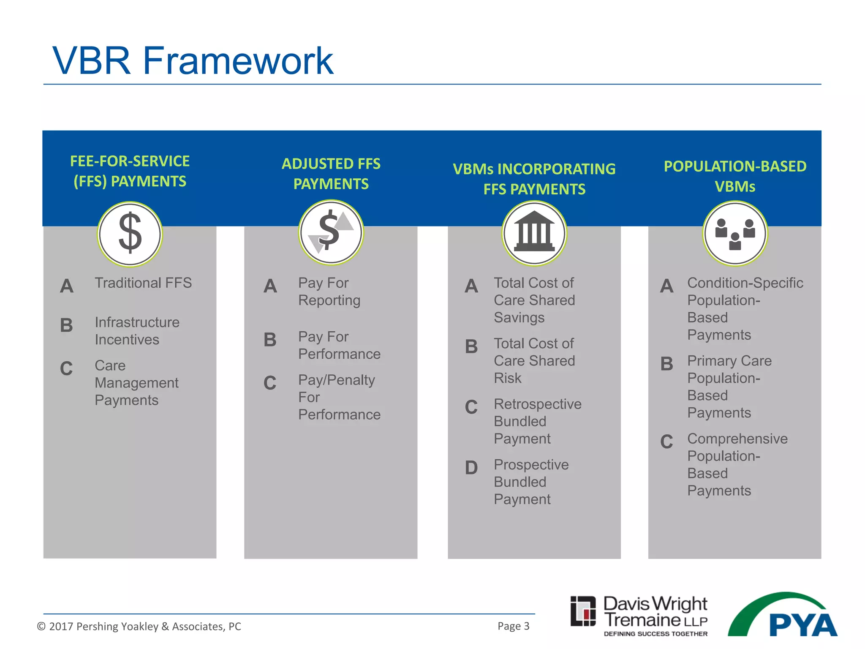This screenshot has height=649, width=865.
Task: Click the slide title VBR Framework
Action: pyautogui.click(x=193, y=61)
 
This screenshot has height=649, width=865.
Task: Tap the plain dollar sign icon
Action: pyautogui.click(x=130, y=234)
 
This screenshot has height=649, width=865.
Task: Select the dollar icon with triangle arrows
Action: pyautogui.click(x=331, y=232)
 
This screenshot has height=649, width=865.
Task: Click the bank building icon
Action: pyautogui.click(x=534, y=233)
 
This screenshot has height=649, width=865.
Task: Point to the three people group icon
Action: pyautogui.click(x=735, y=233)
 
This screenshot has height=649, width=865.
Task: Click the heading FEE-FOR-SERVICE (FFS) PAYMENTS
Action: pyautogui.click(x=130, y=171)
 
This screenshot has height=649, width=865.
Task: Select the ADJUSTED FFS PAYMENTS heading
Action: pyautogui.click(x=331, y=174)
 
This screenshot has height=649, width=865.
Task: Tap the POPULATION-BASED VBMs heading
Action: pyautogui.click(x=735, y=176)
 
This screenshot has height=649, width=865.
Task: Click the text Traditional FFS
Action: pyautogui.click(x=143, y=283)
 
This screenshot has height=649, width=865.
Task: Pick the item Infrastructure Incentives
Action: pyautogui.click(x=137, y=331)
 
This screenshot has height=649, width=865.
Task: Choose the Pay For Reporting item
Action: pyautogui.click(x=329, y=292)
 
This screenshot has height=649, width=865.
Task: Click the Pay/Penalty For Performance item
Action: pyautogui.click(x=339, y=397)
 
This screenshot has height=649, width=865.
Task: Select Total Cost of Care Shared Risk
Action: pyautogui.click(x=534, y=360)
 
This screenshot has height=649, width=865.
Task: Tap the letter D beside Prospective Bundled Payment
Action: pyautogui.click(x=471, y=468)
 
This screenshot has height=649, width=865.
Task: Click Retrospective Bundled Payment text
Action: pyautogui.click(x=537, y=421)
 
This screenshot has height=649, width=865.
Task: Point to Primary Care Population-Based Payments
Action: pyautogui.click(x=729, y=387)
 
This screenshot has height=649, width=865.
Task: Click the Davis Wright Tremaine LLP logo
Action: pyautogui.click(x=639, y=615)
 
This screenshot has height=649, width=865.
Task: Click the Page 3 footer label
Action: pyautogui.click(x=513, y=626)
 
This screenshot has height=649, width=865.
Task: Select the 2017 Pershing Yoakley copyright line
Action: pyautogui.click(x=139, y=626)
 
